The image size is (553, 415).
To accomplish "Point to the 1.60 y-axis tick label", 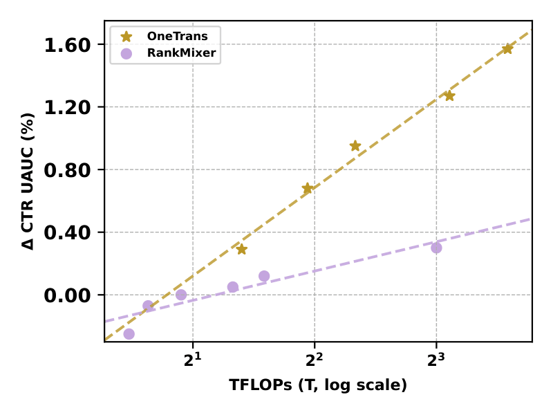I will [67, 46].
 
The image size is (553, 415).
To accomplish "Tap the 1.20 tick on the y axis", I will [67, 108].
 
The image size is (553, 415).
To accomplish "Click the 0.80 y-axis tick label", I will [67, 170].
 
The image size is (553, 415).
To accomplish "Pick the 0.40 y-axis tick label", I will [67, 233].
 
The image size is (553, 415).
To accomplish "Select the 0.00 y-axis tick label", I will [67, 295].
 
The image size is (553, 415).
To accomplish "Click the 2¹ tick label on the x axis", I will [194, 360].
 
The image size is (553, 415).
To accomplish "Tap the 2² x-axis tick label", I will [315, 360].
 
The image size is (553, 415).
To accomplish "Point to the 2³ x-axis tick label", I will [436, 360].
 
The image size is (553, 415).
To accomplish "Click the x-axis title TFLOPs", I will [318, 385].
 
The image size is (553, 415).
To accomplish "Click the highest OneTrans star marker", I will [507, 48].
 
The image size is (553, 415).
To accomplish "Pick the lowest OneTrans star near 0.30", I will [241, 249].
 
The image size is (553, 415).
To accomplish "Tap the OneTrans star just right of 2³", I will [449, 95].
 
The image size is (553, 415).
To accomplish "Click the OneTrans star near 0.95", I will [355, 146].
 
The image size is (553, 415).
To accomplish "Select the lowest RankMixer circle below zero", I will [129, 334].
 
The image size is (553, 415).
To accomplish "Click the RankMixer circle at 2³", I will [436, 248].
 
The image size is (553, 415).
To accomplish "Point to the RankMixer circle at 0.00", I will [181, 295].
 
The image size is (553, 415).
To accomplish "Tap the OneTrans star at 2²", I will [308, 188].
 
